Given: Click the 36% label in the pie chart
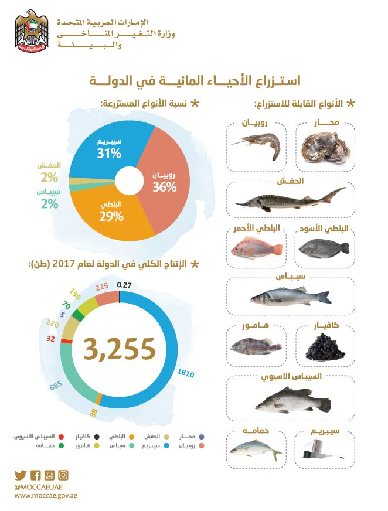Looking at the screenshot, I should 165,188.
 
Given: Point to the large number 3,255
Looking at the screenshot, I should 119,349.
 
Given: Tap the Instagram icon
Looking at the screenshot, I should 63,475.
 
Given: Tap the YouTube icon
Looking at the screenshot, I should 49,475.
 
